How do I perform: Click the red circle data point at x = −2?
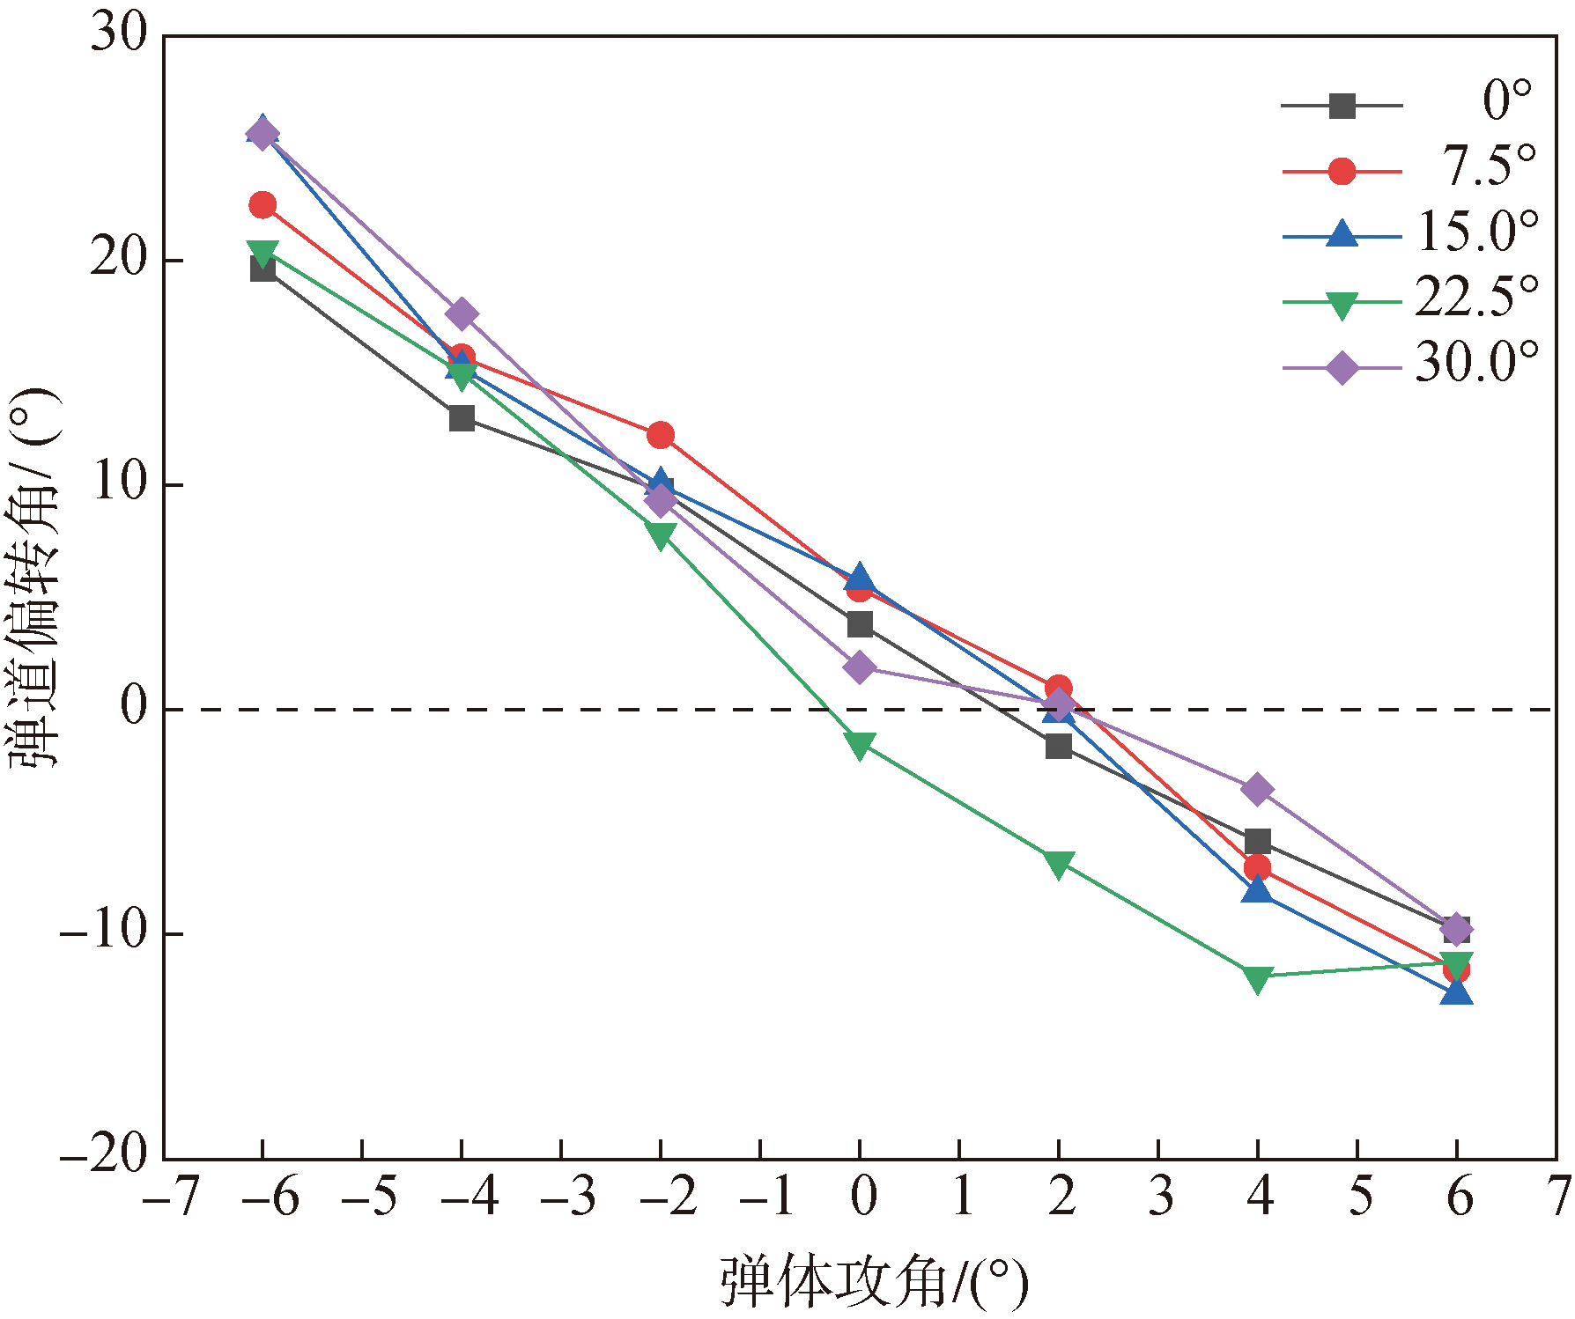click(x=661, y=435)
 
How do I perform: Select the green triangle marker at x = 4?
click(x=1258, y=978)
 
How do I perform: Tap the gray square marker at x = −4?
click(x=462, y=418)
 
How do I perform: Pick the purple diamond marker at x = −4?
click(x=462, y=313)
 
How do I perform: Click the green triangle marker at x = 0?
click(x=860, y=746)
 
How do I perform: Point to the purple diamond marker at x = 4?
click(x=1258, y=789)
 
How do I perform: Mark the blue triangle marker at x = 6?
click(x=1457, y=993)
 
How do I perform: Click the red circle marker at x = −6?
click(x=262, y=205)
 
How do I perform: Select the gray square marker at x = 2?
click(x=1059, y=747)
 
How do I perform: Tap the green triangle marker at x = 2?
click(x=1059, y=864)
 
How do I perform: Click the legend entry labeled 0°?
click(x=1506, y=102)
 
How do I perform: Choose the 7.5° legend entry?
click(x=1489, y=167)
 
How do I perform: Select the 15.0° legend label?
click(x=1477, y=232)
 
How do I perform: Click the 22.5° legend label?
click(x=1477, y=298)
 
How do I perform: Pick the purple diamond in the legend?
click(x=1342, y=367)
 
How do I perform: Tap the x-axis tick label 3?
click(x=1160, y=1198)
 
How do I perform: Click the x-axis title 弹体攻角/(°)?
click(x=875, y=1282)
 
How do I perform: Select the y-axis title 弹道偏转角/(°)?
click(x=33, y=577)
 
